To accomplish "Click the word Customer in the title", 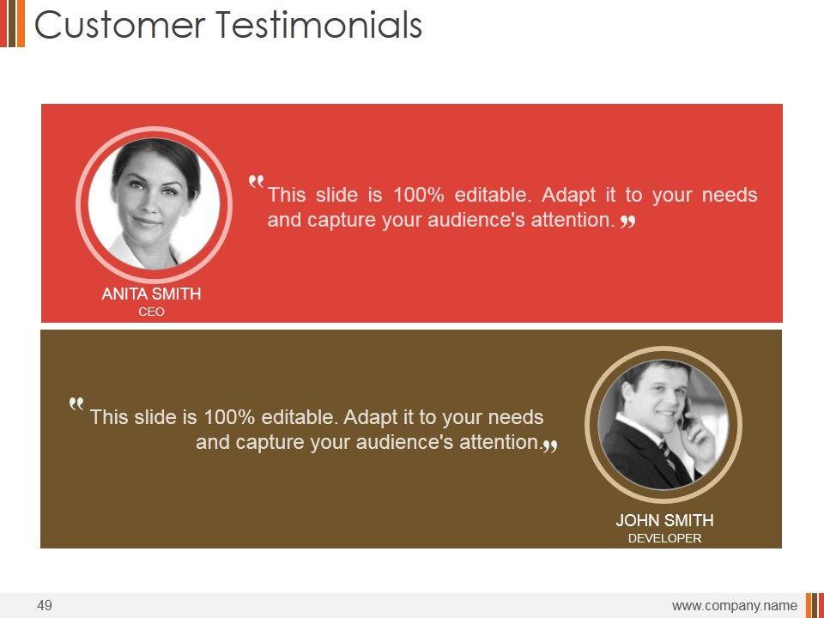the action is [120, 25].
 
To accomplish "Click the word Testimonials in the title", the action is [319, 25].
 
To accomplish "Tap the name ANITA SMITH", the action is [151, 294].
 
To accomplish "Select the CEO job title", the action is [151, 312].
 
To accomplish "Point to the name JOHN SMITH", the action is [664, 520].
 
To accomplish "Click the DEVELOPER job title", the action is [664, 538].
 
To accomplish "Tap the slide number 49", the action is [45, 605].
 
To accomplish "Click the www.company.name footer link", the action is [734, 606].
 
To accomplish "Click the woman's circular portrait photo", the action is [154, 204].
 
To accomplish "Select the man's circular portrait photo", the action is [663, 425].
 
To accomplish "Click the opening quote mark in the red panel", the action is [256, 182].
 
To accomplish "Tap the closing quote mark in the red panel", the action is [628, 222].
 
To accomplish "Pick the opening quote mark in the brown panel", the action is [76, 403].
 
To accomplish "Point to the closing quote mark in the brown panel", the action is [550, 445].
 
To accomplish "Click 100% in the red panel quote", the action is [419, 195].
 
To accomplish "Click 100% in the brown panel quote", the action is [229, 417].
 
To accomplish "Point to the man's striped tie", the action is [668, 455].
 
